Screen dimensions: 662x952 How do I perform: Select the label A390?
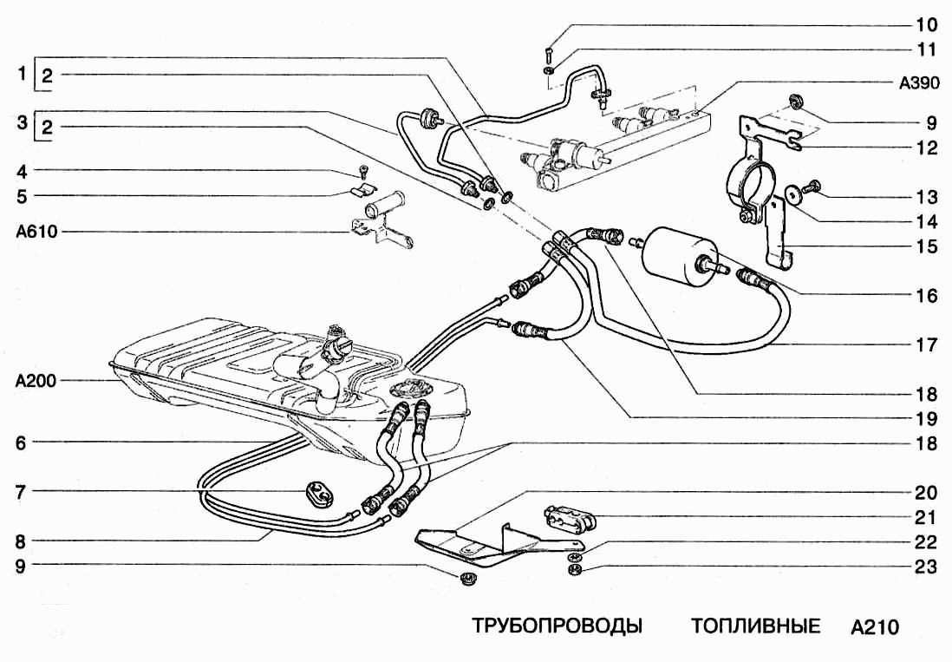click(x=920, y=85)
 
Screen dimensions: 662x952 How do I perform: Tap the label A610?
click(x=36, y=233)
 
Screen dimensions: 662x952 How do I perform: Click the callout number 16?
click(x=927, y=295)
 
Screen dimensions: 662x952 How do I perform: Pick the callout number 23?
click(x=927, y=568)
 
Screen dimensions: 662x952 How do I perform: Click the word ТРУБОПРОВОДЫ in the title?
click(x=557, y=626)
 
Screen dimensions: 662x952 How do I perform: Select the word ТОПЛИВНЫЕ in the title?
click(x=756, y=626)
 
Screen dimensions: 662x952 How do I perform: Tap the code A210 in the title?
click(x=874, y=626)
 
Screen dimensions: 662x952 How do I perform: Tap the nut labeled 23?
click(x=573, y=571)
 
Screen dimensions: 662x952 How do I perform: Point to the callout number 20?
click(x=927, y=493)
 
